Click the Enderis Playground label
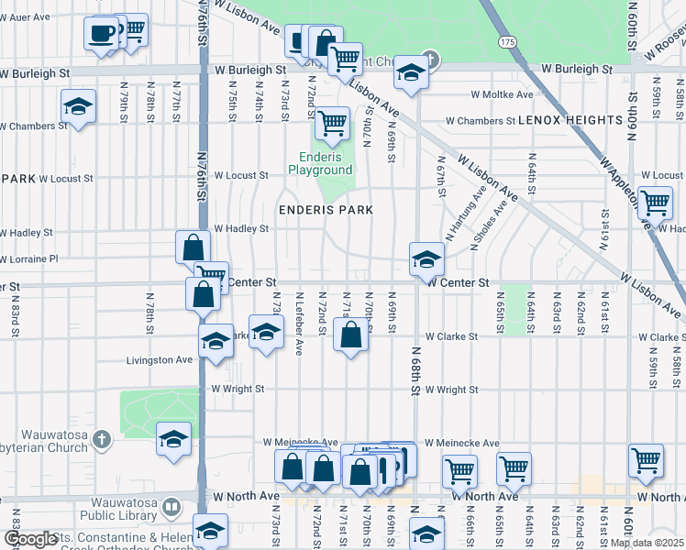click(x=320, y=163)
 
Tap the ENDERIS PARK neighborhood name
click(x=326, y=210)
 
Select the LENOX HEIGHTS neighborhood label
click(x=570, y=120)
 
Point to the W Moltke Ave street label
click(x=502, y=94)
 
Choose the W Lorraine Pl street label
click(x=29, y=259)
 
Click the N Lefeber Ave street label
click(x=300, y=324)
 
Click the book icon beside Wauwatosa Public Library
click(x=171, y=507)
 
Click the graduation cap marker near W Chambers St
click(x=79, y=106)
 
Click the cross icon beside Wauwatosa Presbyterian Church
click(x=101, y=440)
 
